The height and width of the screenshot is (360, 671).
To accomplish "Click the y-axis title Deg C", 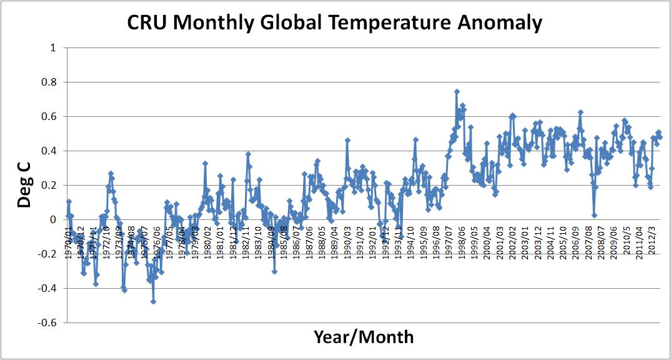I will (x=23, y=185).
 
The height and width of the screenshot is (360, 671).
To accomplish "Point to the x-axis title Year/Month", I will (x=363, y=337).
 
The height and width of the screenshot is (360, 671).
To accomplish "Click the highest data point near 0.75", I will (x=457, y=92).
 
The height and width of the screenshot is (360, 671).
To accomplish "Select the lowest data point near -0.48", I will (x=153, y=301).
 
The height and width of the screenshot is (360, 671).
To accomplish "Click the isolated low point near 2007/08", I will (x=594, y=216).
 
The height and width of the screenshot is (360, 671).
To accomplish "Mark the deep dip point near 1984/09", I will (x=274, y=271).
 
